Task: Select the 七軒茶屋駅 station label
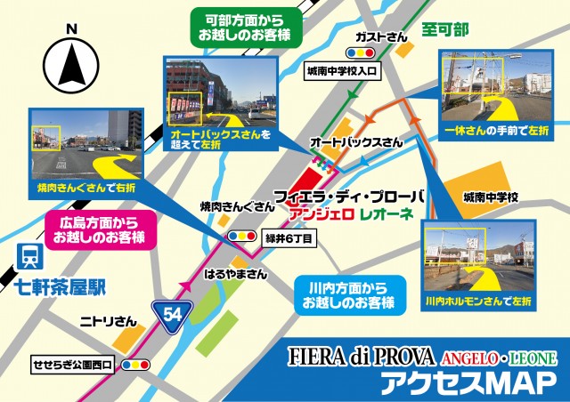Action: (x=61, y=287)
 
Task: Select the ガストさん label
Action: (x=380, y=38)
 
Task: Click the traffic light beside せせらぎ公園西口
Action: (x=134, y=365)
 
